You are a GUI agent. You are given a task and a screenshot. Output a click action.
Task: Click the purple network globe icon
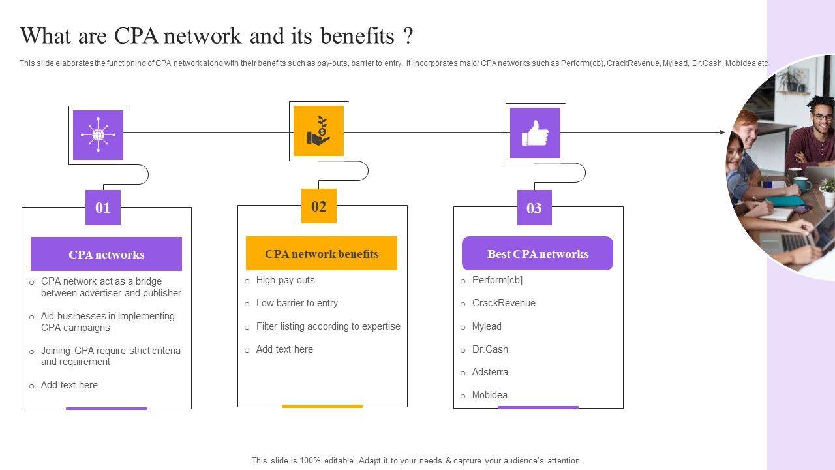(x=98, y=135)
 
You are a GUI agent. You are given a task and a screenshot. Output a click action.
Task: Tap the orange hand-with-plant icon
(x=318, y=131)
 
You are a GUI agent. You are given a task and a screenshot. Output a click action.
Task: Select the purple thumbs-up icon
(x=535, y=133)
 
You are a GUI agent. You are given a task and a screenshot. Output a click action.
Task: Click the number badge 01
(x=103, y=208)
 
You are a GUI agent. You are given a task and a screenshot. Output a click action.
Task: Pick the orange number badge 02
(x=318, y=206)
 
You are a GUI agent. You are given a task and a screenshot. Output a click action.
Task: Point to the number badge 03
(x=534, y=208)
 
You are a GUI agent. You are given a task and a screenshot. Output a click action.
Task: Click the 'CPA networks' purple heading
(x=106, y=255)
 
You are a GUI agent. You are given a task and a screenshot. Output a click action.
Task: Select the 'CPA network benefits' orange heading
(x=322, y=254)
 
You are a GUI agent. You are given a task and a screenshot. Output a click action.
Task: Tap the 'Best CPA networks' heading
(x=538, y=254)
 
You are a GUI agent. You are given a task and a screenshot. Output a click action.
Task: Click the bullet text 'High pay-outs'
(x=285, y=280)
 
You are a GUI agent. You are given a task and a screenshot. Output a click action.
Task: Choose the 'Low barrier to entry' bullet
(x=297, y=303)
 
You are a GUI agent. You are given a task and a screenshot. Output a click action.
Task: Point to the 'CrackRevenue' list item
(x=504, y=303)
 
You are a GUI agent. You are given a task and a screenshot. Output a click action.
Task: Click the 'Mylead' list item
(x=487, y=326)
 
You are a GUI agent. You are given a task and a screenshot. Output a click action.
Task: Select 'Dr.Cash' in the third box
(x=490, y=349)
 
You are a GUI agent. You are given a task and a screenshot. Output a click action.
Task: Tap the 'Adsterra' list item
(x=490, y=372)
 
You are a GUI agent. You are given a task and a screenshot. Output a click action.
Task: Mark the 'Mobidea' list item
(x=490, y=395)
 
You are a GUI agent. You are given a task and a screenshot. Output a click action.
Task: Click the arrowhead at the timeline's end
(x=722, y=133)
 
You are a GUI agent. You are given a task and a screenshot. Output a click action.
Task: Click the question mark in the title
(x=408, y=37)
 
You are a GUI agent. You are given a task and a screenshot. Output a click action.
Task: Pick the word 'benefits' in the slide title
(x=357, y=37)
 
